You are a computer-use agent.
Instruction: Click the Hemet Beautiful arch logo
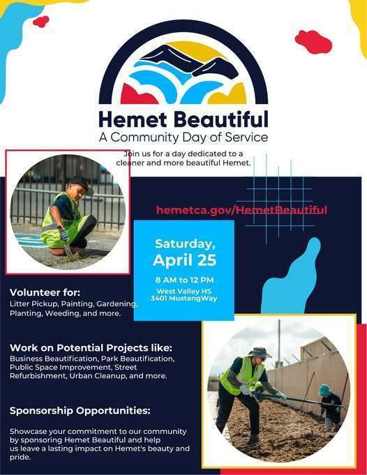pos(183,66)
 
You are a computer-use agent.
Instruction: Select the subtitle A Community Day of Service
pos(183,137)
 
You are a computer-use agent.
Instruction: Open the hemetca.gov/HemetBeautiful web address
pos(241,210)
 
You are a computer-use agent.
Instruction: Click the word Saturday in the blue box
pos(185,243)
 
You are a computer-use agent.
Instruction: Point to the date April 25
pos(185,260)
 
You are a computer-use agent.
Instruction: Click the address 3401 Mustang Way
pos(183,298)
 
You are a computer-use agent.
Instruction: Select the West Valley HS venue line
pos(183,290)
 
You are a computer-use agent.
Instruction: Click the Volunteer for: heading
pos(45,292)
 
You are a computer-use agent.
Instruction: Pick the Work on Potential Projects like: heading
pos(91,347)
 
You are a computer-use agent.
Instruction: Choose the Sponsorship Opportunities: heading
pos(80,410)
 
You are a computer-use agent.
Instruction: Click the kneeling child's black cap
pos(80,182)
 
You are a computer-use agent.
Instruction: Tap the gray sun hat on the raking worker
pos(259,352)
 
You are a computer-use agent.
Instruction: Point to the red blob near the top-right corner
pos(313,41)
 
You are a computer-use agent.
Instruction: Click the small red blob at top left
pos(41,22)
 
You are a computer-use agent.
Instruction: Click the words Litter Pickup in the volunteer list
pos(33,304)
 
